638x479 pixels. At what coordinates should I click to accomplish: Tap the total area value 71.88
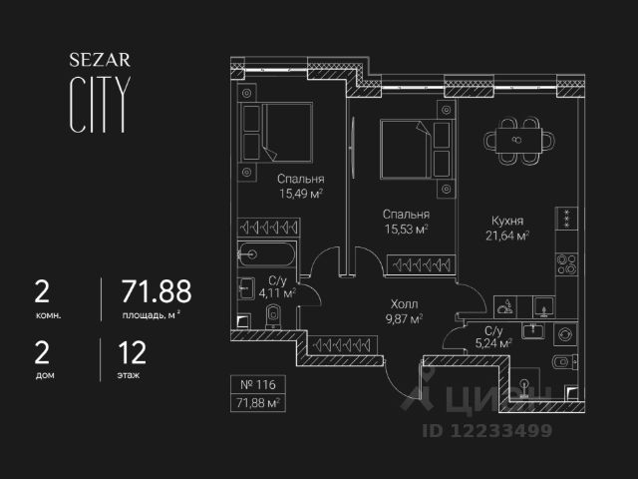[156, 291]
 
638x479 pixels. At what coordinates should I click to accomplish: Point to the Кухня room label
[507, 221]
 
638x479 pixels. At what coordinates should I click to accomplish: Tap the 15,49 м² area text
[300, 196]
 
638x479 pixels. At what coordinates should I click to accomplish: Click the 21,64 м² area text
[507, 237]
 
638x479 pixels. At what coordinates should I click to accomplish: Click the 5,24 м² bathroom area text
[492, 342]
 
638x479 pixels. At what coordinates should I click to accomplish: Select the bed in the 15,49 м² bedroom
[284, 132]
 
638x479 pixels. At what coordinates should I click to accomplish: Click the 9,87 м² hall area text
[404, 319]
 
